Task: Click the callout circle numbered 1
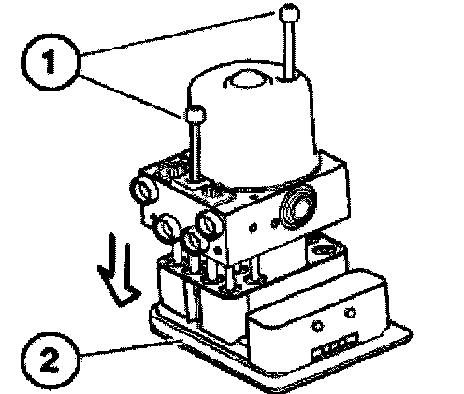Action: click(51, 62)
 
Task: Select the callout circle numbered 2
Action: click(51, 360)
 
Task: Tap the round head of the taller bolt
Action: click(290, 13)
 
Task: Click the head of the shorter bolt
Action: click(196, 115)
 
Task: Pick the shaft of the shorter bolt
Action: click(196, 152)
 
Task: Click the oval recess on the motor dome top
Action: click(248, 79)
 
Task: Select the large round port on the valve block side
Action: click(297, 206)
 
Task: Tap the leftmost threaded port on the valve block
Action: click(144, 190)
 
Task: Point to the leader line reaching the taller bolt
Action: click(178, 34)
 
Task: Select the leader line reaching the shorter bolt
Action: click(130, 95)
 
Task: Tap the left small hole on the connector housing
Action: click(318, 326)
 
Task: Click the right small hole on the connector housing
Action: click(351, 313)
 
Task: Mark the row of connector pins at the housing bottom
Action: click(335, 346)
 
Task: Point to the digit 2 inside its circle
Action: click(51, 361)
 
